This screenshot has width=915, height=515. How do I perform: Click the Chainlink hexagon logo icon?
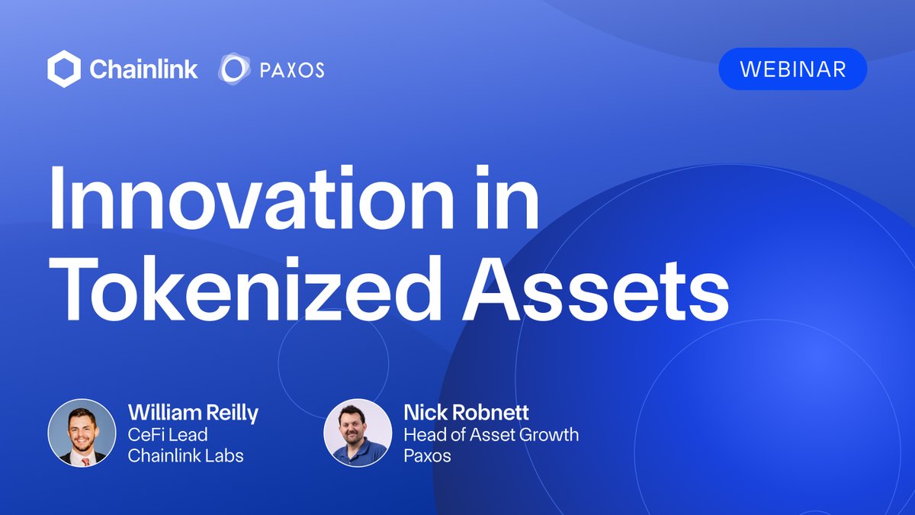click(64, 69)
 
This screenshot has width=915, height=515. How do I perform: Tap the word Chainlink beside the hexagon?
click(143, 69)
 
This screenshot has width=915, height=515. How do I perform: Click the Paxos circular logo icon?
click(233, 69)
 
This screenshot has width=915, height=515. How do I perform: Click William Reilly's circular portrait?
click(82, 433)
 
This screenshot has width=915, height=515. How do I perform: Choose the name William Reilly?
click(193, 414)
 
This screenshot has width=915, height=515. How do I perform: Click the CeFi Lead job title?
click(168, 435)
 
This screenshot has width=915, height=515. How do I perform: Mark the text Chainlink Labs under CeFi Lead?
click(187, 455)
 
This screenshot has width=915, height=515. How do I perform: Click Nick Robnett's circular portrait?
click(358, 433)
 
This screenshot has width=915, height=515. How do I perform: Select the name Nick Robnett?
click(466, 414)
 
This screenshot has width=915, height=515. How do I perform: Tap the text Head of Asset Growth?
click(490, 435)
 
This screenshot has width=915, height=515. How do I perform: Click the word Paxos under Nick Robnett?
click(427, 455)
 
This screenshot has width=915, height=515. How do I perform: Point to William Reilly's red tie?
click(85, 461)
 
